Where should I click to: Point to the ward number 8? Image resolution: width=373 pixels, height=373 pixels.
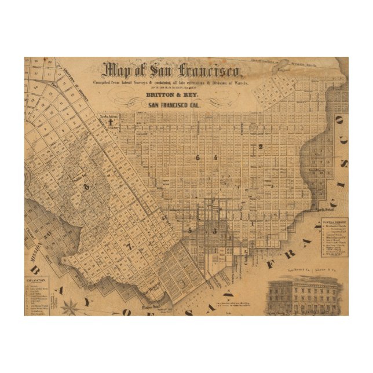87,186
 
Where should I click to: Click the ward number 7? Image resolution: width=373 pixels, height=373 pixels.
130,247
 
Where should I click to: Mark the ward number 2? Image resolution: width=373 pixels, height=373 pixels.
261,147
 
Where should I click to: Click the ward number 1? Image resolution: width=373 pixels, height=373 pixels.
253,222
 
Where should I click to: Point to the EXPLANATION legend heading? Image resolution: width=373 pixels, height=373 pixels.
36,279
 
